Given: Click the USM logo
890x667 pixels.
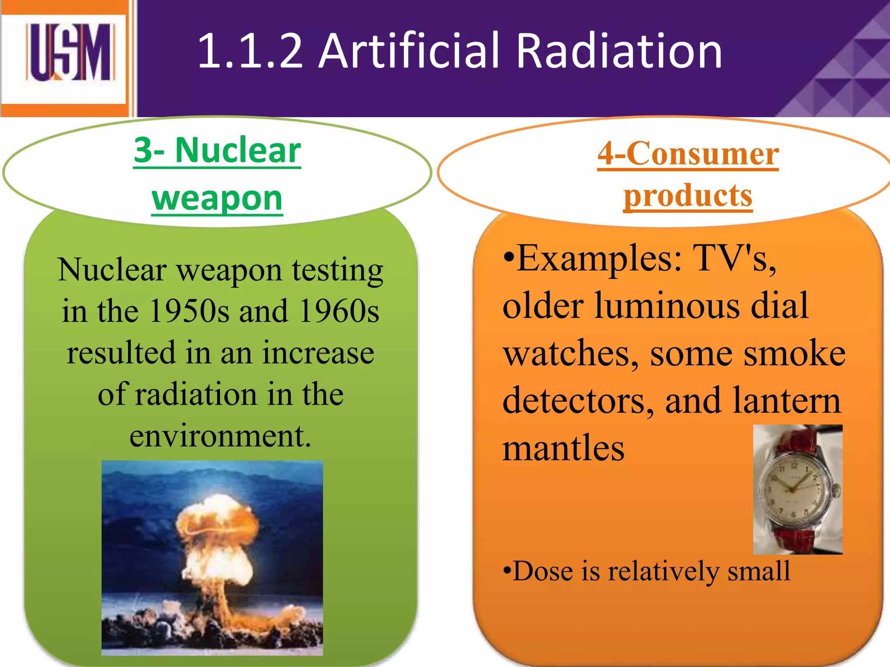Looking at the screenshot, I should [x=70, y=53].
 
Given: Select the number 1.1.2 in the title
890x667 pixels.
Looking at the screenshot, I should [x=250, y=51].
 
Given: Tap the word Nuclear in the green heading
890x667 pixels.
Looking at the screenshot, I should [x=238, y=150].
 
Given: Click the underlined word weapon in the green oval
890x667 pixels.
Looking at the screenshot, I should [x=217, y=198].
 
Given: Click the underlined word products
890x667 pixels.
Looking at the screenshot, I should [x=687, y=195].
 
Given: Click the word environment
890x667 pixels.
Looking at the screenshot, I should [x=220, y=436].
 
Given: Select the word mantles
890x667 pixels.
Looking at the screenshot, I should [x=563, y=448].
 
